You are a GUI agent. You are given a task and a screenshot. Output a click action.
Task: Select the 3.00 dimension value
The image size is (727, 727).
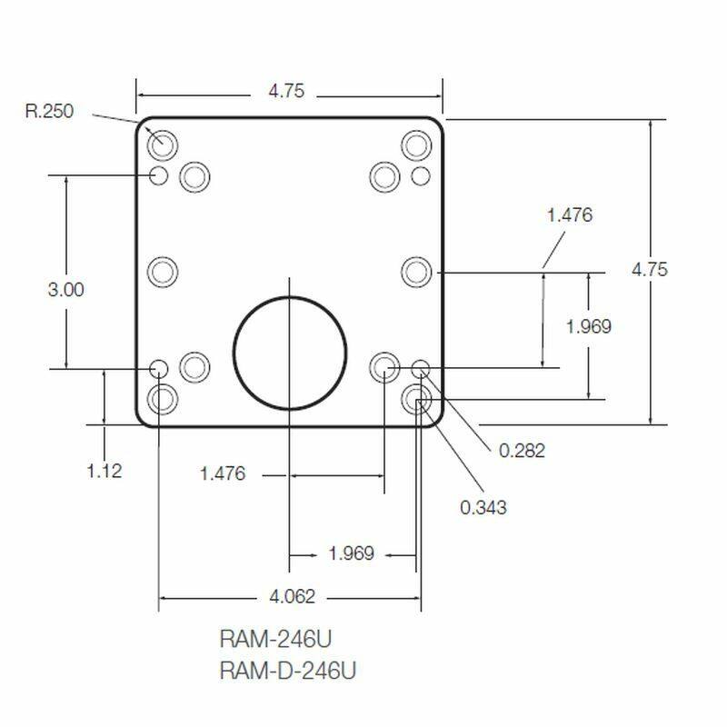(65, 289)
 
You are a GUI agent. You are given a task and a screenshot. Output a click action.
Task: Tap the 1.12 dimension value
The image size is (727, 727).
(104, 470)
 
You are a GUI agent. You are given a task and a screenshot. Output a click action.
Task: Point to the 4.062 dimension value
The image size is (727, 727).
(292, 597)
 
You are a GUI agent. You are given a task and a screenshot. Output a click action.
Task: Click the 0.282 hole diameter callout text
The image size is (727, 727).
(522, 450)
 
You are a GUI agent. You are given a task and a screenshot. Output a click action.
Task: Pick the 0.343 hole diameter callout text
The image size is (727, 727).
(483, 507)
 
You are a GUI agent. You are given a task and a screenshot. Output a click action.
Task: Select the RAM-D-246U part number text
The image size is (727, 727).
(288, 671)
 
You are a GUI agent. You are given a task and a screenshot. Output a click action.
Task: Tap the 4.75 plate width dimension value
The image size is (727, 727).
(285, 92)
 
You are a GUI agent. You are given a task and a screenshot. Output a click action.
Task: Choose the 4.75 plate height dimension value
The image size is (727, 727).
(650, 269)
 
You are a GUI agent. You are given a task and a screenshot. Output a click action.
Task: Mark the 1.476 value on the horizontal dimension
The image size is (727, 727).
(223, 473)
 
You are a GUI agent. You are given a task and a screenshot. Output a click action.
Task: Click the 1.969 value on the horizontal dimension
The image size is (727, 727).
(351, 553)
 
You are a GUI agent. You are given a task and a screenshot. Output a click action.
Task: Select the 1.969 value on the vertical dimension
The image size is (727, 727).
(588, 326)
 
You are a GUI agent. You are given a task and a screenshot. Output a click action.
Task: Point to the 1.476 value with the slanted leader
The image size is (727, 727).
(570, 215)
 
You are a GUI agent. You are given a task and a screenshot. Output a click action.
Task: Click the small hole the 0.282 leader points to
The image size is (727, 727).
(421, 368)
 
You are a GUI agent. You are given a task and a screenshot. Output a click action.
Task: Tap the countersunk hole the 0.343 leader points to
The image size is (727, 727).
(418, 398)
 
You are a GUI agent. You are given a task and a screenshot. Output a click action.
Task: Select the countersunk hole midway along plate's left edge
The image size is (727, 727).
(163, 271)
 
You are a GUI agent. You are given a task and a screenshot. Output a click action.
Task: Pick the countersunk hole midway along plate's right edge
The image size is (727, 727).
(416, 271)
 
